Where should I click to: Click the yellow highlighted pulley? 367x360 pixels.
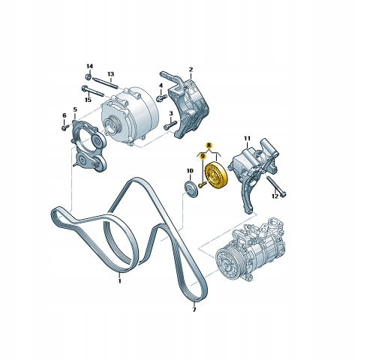(215, 175)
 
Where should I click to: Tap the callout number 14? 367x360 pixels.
(89, 66)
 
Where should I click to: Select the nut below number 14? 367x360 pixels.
(88, 76)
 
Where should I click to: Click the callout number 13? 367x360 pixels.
(110, 74)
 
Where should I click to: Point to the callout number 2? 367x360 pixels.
(191, 70)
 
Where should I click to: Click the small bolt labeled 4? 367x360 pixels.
(161, 97)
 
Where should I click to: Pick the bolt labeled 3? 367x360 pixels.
(170, 125)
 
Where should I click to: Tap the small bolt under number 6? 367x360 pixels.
(65, 127)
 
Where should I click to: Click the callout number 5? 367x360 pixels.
(75, 109)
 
